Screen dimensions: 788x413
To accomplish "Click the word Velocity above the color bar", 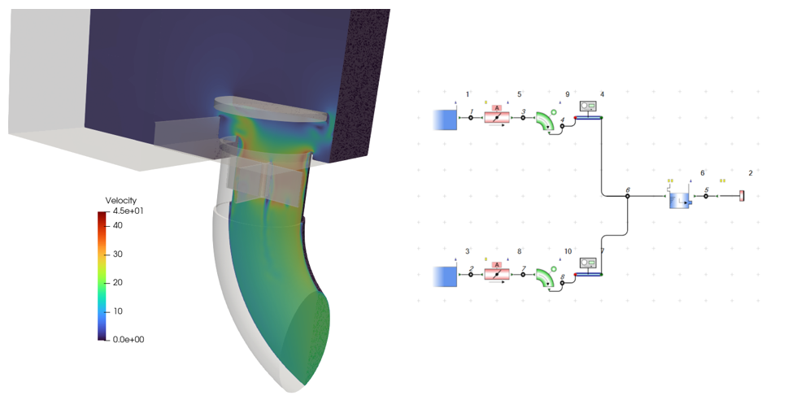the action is pos(120,201).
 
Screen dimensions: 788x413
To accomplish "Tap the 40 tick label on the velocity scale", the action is pos(118,225).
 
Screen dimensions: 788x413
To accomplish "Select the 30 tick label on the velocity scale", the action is pos(118,254).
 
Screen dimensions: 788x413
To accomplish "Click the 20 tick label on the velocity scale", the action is pos(118,282).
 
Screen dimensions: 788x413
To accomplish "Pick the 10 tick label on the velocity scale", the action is pos(118,311).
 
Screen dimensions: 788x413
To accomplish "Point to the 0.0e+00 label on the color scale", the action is pos(128,340).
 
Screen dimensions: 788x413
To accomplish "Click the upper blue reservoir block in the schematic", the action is pos(446,120).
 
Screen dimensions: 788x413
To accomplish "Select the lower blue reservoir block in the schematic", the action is pos(446,277).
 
